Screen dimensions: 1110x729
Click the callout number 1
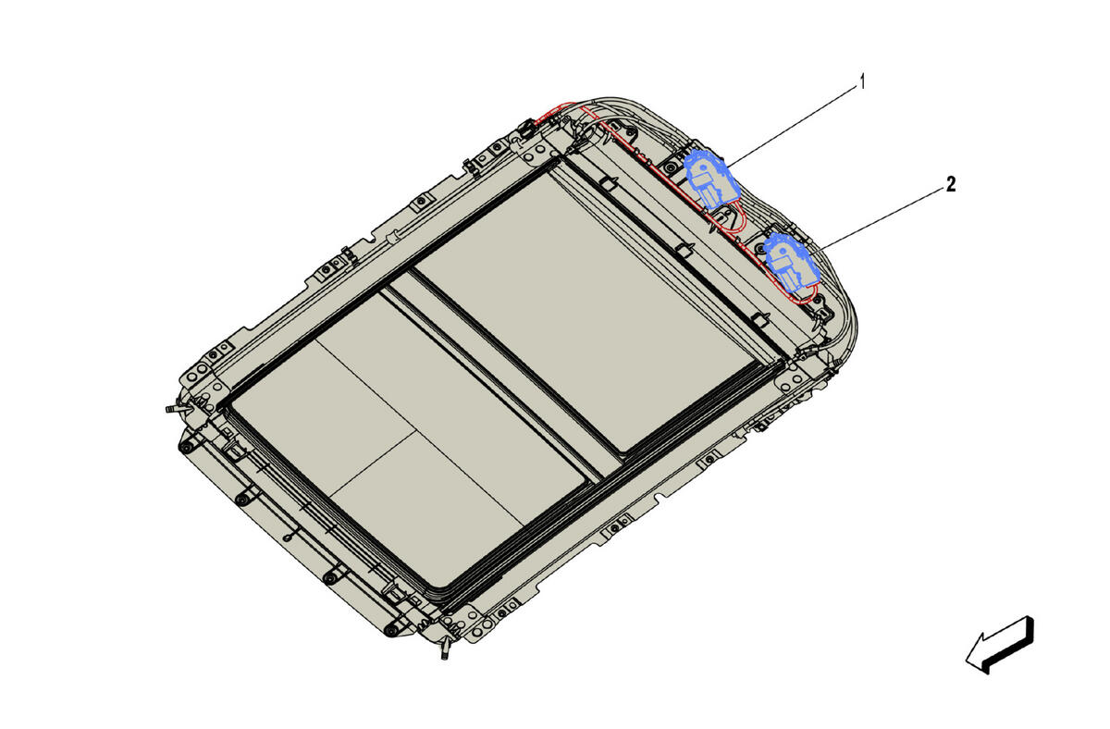(862, 81)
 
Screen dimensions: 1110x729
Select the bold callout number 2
(951, 184)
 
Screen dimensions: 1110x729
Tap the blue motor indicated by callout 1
(711, 179)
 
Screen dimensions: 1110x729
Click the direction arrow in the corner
(1000, 645)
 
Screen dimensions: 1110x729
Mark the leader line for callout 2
(882, 217)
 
